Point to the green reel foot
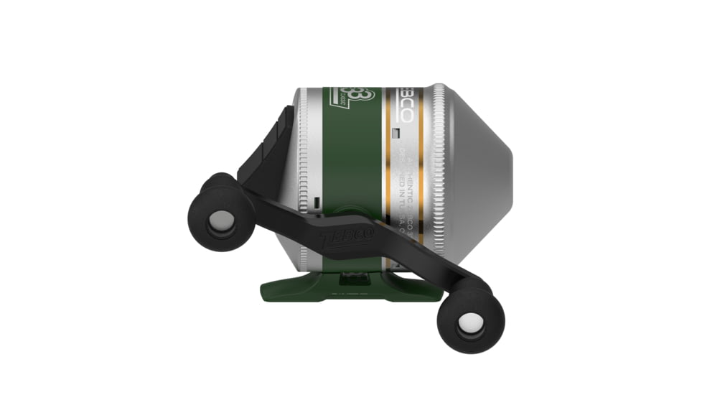coord(337,287)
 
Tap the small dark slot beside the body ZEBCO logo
coord(396,132)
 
